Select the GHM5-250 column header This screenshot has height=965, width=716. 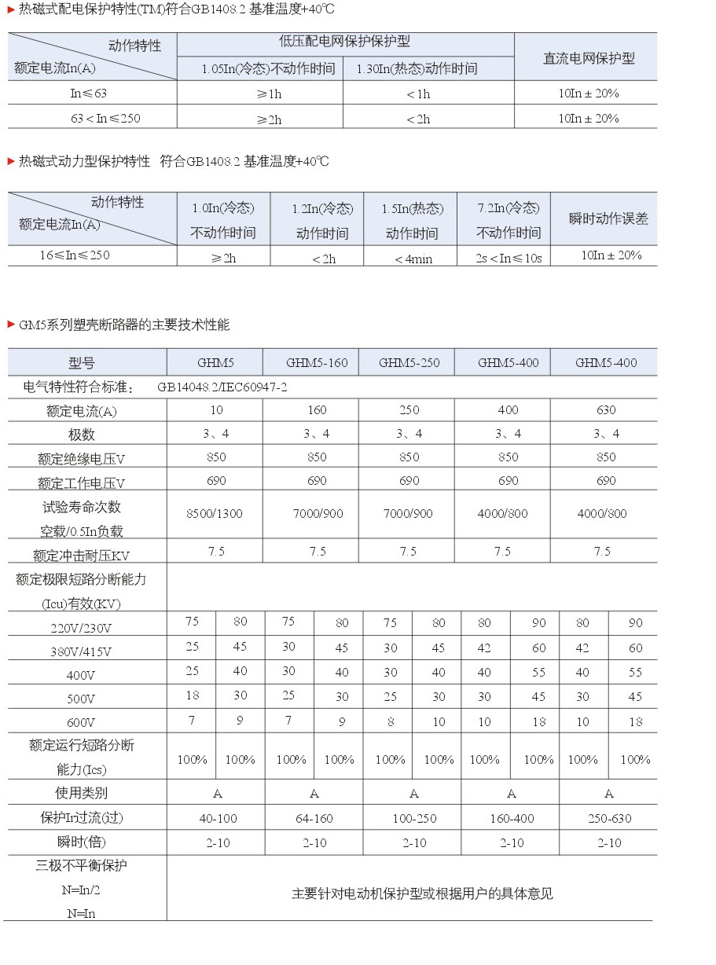coord(409,363)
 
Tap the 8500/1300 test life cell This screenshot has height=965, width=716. coord(215,514)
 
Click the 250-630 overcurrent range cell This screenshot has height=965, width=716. coord(609,819)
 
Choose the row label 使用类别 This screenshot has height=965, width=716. coord(81,793)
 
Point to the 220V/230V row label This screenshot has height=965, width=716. coord(81,628)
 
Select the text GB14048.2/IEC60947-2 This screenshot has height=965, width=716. coord(222,387)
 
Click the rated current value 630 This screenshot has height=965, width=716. coord(606,410)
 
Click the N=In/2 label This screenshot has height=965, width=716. coord(81,890)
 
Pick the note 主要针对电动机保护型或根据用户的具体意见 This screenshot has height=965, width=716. coord(423,894)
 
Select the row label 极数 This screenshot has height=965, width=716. coord(81,435)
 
